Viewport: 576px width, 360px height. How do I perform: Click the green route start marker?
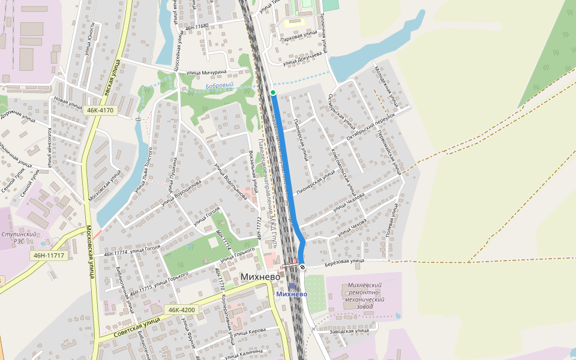(273, 92)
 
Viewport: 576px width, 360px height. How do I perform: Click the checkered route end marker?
(302, 268)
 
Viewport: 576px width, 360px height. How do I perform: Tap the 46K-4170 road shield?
(100, 110)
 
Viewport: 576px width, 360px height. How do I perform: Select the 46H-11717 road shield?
(49, 256)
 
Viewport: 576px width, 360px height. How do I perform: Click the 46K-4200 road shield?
(182, 310)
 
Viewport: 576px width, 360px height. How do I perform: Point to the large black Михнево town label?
(265, 277)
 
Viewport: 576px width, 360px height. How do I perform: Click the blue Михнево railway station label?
(292, 294)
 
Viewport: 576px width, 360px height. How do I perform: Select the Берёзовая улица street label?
(345, 261)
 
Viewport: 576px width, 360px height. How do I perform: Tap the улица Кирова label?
(249, 332)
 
